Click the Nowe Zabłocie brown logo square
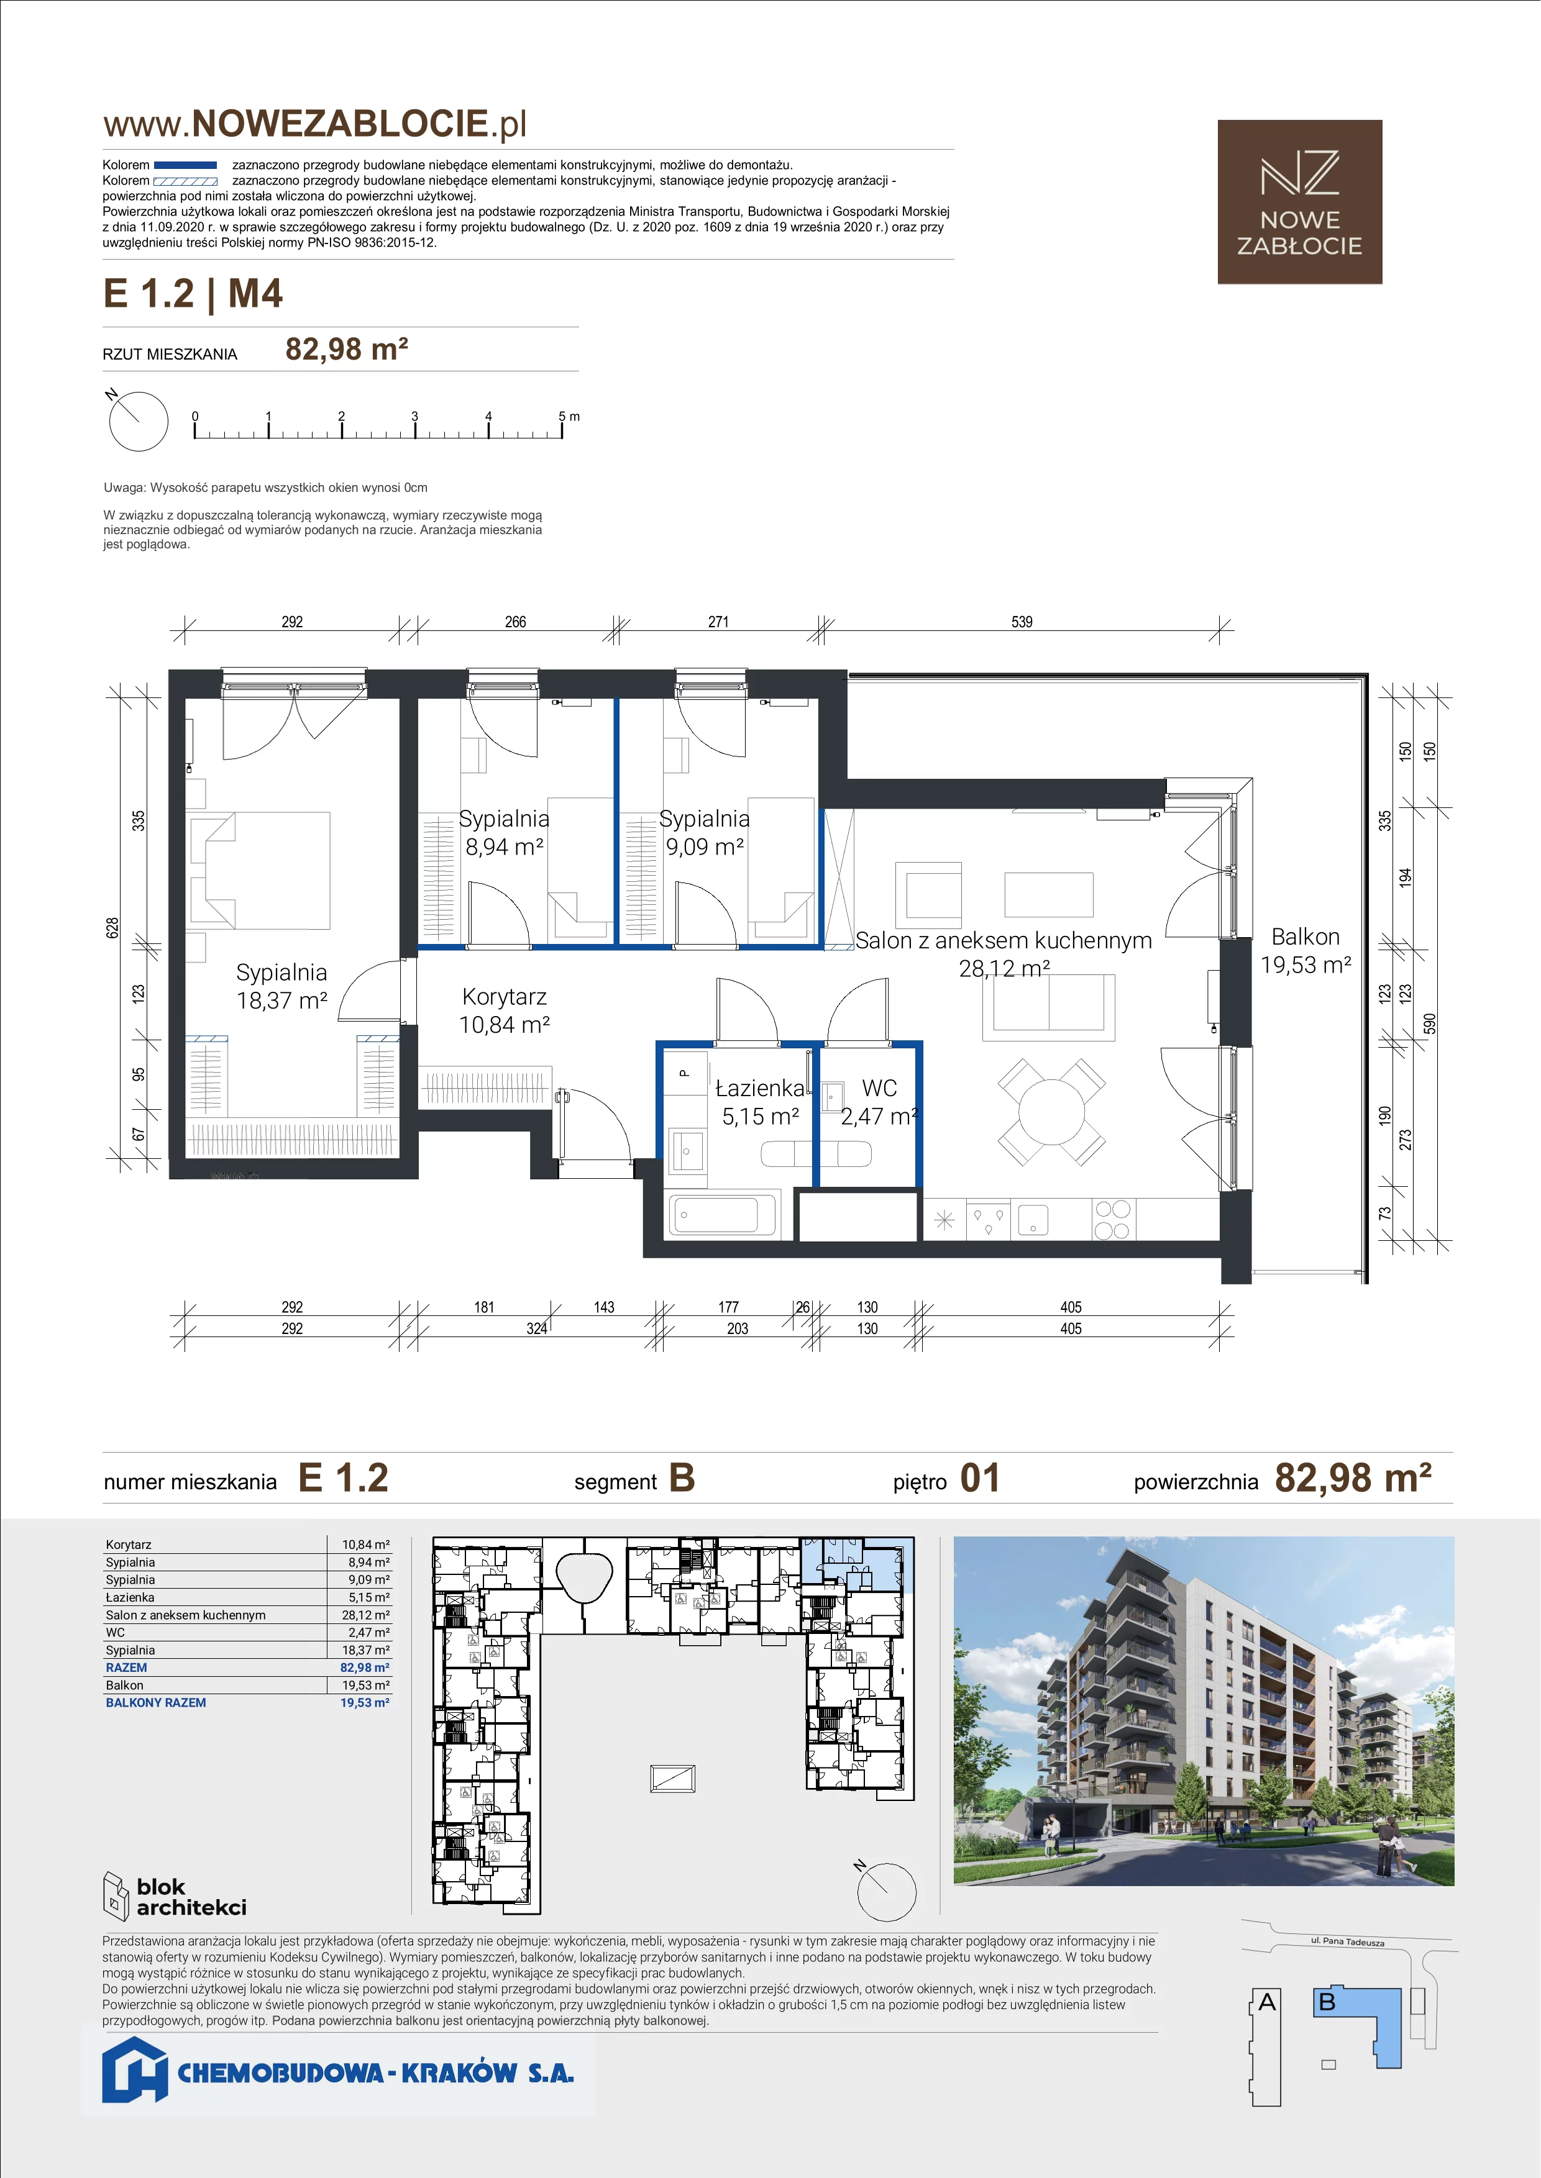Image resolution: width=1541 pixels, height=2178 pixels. click(x=1299, y=202)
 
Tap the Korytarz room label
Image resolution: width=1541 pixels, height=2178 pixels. click(x=504, y=997)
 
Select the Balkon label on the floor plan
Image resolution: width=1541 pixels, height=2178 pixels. click(x=1305, y=937)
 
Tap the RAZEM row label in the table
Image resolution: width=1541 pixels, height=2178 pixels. click(x=126, y=1668)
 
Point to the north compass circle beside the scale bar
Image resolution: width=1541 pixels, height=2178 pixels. click(x=139, y=421)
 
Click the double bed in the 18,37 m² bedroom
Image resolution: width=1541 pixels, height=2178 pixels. click(x=260, y=870)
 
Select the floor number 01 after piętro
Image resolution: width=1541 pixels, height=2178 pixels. click(x=980, y=1478)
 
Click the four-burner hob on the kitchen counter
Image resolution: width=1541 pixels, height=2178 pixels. click(x=1112, y=1220)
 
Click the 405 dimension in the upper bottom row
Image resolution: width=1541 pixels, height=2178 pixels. click(x=1071, y=1307)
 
